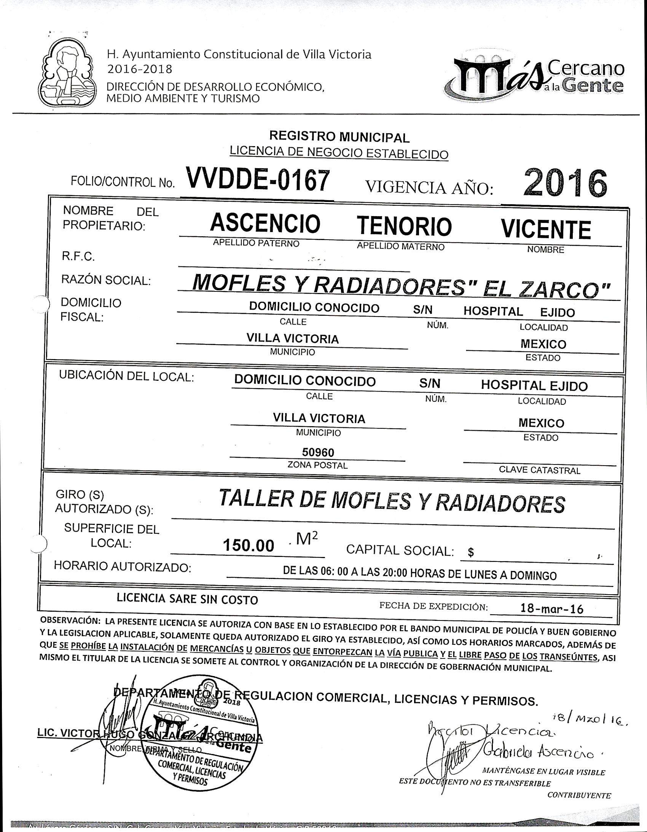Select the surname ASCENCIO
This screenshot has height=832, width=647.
265,224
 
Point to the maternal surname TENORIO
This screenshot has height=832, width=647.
404,226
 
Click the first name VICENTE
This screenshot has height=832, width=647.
546,229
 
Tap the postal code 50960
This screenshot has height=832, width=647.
318,452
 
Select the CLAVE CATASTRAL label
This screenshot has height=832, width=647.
540,471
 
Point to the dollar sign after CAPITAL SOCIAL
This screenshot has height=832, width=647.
471,553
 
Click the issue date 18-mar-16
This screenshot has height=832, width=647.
552,609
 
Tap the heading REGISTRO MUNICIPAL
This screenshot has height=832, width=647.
339,136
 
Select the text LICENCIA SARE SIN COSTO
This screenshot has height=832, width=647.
187,599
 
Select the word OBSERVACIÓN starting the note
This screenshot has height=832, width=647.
70,620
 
